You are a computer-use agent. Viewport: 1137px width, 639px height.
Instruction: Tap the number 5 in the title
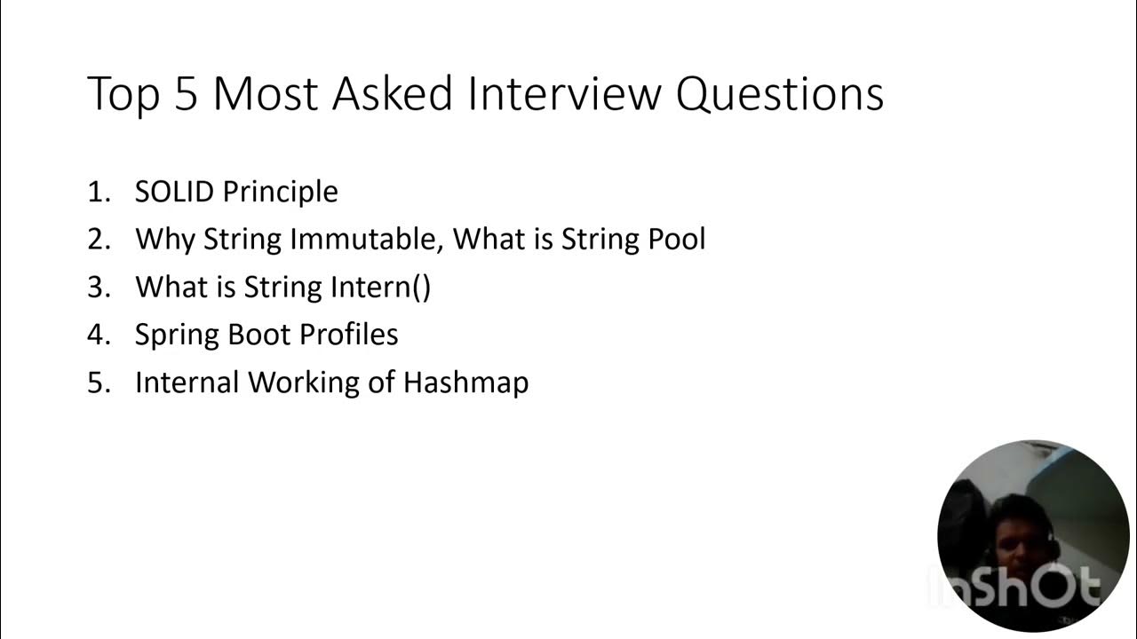tap(185, 93)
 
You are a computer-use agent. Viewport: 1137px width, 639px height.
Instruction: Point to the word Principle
tap(280, 193)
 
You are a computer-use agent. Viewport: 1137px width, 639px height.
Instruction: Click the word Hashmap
tap(466, 383)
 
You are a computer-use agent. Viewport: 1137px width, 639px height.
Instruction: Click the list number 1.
tap(98, 192)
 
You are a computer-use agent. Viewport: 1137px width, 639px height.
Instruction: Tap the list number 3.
tap(98, 288)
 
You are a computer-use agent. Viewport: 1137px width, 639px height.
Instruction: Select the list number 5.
tap(98, 383)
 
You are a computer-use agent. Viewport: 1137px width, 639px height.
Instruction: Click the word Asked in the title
tap(392, 93)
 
